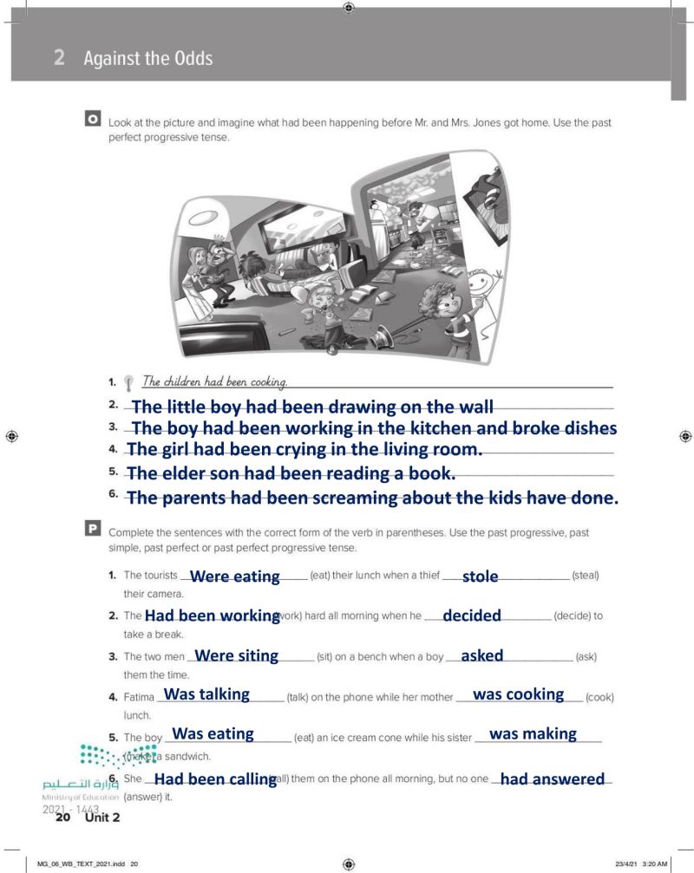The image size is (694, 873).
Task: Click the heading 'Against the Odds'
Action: (148, 58)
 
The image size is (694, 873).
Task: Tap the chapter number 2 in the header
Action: (59, 58)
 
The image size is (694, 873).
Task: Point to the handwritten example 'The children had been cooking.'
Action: (214, 381)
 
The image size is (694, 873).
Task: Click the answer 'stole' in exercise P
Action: (481, 576)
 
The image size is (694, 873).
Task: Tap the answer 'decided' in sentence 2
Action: (472, 616)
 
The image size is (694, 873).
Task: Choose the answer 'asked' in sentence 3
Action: (482, 655)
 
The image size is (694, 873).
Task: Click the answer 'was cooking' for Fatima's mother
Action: (518, 694)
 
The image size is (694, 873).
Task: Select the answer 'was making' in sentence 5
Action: (533, 733)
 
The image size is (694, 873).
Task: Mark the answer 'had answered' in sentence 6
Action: (553, 779)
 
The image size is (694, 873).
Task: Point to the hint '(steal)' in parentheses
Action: (586, 576)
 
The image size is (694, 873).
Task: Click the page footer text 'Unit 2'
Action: (102, 818)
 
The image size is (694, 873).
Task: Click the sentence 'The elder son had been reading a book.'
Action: (291, 472)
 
